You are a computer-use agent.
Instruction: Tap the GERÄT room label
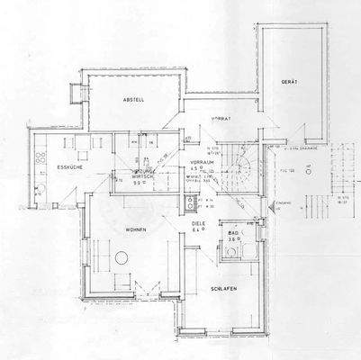click(290, 82)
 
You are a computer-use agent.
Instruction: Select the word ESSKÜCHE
click(69, 166)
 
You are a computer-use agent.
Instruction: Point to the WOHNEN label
click(124, 229)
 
